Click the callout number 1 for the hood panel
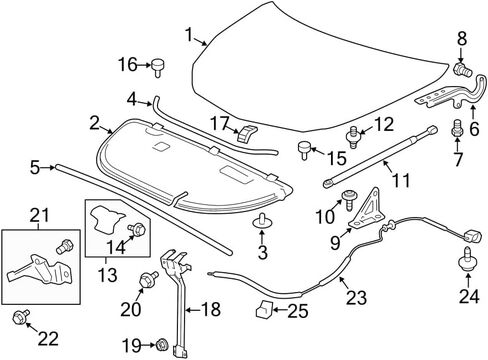pyautogui.click(x=189, y=35)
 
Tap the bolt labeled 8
pyautogui.click(x=463, y=69)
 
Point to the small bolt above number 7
pyautogui.click(x=457, y=129)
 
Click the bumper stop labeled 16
pyautogui.click(x=158, y=67)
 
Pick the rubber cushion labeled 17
pyautogui.click(x=247, y=133)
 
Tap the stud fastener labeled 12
pyautogui.click(x=353, y=137)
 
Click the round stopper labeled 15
pyautogui.click(x=304, y=150)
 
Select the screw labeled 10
pyautogui.click(x=349, y=199)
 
